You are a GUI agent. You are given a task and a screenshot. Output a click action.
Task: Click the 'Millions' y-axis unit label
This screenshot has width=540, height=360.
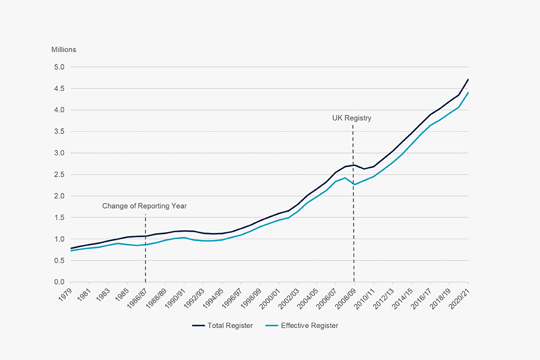pos(64,49)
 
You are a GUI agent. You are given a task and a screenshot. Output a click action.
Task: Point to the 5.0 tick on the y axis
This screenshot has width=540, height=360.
pos(60,67)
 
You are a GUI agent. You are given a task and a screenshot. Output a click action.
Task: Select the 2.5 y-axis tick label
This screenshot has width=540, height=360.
pos(60,174)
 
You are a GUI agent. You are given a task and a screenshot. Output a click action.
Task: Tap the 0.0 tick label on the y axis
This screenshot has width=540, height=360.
pos(60,282)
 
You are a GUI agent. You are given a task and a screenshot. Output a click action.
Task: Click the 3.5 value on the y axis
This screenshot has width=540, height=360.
pos(60,132)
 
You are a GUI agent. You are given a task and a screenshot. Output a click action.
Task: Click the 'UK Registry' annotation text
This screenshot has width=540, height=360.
pos(352,118)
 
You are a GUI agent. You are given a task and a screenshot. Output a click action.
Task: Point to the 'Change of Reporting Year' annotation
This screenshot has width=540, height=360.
pos(145,206)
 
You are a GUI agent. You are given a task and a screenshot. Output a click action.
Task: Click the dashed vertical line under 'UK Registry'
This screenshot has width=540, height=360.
pos(353,225)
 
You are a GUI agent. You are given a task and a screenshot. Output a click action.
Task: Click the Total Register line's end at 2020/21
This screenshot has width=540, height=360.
pos(468,79)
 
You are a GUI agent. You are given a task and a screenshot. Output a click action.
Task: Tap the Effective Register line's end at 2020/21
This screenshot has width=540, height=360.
pos(468,93)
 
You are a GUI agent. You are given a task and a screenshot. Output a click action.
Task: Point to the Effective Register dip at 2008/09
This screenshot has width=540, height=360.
pos(354,184)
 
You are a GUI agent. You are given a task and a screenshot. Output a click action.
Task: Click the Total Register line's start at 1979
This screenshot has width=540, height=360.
pos(70,249)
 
